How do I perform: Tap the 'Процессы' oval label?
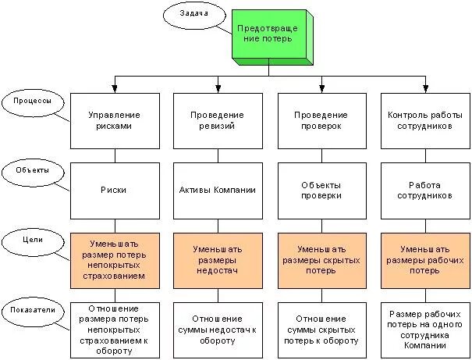point(28,102)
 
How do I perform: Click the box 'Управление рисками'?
point(115,120)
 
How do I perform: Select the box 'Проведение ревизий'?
point(217,120)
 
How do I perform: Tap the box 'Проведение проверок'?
point(321,120)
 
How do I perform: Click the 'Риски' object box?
point(115,190)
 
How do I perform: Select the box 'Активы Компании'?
point(217,190)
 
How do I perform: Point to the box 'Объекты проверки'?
point(321,190)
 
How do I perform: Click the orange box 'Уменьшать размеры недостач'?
point(217,259)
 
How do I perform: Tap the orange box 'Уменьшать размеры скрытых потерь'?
point(321,259)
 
